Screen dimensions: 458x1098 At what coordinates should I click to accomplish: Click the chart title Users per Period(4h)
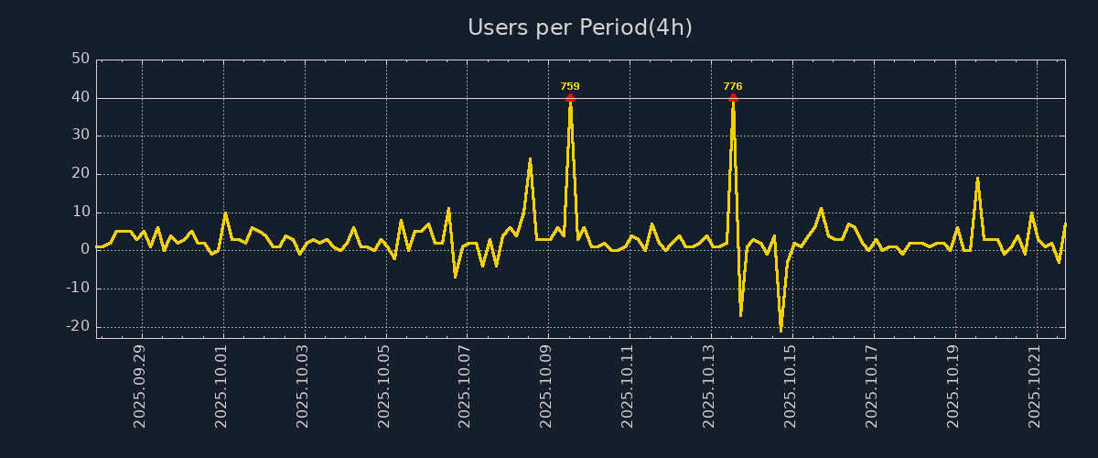(579, 27)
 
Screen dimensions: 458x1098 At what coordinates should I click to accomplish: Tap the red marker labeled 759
(570, 98)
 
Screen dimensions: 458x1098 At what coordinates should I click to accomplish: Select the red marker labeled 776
(733, 98)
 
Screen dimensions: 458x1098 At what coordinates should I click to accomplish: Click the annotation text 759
(570, 86)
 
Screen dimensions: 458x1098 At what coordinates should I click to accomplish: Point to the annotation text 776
(733, 86)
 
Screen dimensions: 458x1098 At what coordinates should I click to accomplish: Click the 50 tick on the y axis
(81, 60)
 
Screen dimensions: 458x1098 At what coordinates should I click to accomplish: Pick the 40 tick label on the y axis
(81, 98)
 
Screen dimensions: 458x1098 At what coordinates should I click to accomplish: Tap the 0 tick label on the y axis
(84, 250)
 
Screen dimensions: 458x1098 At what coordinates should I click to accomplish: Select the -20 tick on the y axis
(78, 326)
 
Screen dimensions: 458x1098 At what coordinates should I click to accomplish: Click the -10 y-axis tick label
(78, 289)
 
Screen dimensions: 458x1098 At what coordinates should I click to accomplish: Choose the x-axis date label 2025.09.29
(141, 386)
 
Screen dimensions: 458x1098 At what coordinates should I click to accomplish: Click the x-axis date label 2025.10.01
(222, 386)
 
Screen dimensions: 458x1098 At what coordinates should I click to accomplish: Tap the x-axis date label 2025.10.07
(466, 386)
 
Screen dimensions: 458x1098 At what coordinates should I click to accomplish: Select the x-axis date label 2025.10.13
(710, 386)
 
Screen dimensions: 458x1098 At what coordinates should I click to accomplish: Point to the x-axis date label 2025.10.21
(1036, 386)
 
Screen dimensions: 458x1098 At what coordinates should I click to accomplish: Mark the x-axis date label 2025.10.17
(873, 386)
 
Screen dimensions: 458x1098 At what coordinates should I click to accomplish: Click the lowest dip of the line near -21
(780, 330)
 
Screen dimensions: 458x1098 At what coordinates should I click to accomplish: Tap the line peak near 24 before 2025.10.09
(530, 159)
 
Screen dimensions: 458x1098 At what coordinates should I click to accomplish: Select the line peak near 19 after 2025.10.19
(977, 179)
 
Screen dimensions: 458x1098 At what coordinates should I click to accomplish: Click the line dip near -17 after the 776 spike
(740, 315)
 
